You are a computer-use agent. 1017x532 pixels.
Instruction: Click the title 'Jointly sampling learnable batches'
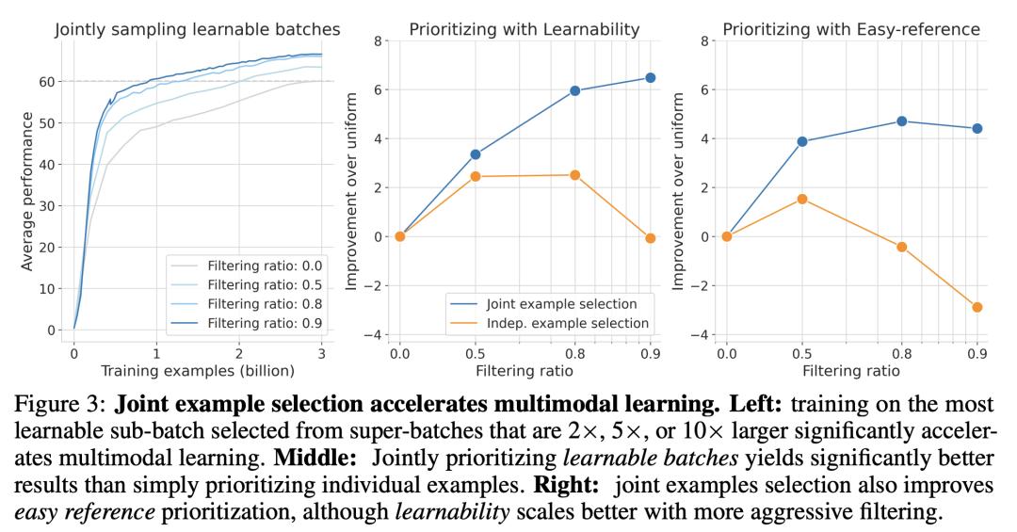click(x=197, y=29)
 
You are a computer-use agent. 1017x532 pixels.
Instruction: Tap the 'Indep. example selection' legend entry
click(x=567, y=323)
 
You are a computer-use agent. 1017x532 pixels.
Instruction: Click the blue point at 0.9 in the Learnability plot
click(x=650, y=78)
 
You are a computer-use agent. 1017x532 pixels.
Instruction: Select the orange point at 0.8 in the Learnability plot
click(x=574, y=175)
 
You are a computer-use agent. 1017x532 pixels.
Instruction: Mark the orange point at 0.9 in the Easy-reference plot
click(x=977, y=307)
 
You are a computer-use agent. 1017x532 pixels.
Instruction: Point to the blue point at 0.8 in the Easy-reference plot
click(x=902, y=121)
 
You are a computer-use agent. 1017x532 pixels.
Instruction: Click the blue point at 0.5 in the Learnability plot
click(x=476, y=154)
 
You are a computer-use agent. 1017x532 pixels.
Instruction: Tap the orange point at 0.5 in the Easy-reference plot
click(x=802, y=199)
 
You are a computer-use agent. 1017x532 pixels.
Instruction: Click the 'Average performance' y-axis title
click(x=27, y=190)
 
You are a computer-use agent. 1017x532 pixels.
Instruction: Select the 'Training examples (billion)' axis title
click(x=197, y=370)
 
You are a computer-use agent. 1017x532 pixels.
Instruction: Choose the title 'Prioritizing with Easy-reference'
click(x=851, y=29)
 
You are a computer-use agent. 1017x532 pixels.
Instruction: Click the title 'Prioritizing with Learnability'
click(x=525, y=29)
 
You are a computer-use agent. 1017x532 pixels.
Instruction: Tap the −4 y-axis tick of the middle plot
click(x=376, y=334)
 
